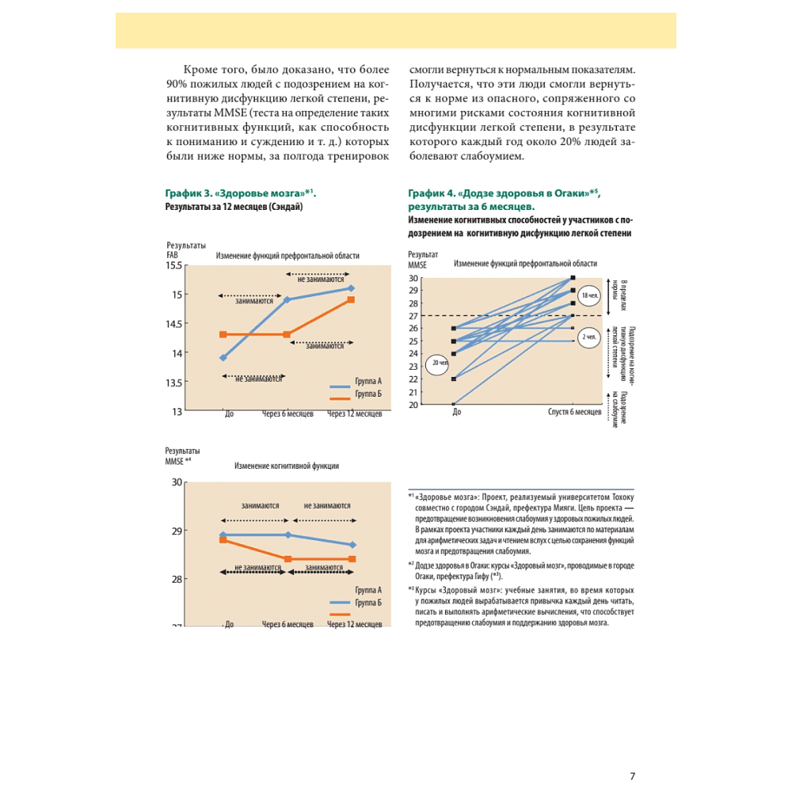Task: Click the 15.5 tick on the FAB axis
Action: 174,265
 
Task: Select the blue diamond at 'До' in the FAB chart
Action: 223,358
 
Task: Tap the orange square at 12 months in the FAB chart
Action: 351,300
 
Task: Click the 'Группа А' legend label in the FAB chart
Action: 368,381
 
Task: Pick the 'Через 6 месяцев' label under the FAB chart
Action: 287,413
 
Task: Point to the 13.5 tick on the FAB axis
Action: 173,383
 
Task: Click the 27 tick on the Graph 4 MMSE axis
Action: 413,316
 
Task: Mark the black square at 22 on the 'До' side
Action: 453,379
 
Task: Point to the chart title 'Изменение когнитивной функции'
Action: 287,466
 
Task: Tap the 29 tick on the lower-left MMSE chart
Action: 177,531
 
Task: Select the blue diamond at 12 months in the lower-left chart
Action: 352,545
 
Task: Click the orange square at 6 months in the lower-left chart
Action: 287,559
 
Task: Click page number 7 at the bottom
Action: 632,776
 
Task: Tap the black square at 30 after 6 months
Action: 573,278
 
